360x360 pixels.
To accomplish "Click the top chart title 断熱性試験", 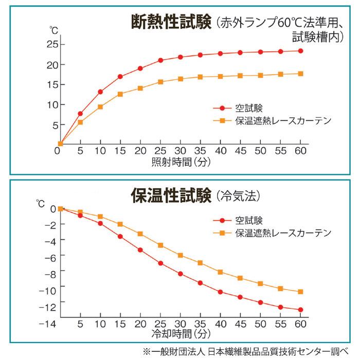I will pyautogui.click(x=171, y=23).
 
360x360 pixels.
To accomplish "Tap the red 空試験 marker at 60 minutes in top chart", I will pyautogui.click(x=300, y=51).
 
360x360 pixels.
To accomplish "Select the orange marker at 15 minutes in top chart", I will pyautogui.click(x=120, y=94).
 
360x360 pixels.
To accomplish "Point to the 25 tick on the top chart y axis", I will pyautogui.click(x=51, y=44).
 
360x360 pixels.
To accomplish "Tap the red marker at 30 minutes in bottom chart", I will pyautogui.click(x=181, y=274).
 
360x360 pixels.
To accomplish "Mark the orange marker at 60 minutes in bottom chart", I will pyautogui.click(x=300, y=292).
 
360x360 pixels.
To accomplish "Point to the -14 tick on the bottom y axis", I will pyautogui.click(x=47, y=324).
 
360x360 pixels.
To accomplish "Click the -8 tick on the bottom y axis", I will pyautogui.click(x=50, y=271).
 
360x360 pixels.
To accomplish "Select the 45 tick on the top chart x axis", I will pyautogui.click(x=240, y=152).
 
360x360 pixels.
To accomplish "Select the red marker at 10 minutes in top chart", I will pyautogui.click(x=100, y=92).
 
